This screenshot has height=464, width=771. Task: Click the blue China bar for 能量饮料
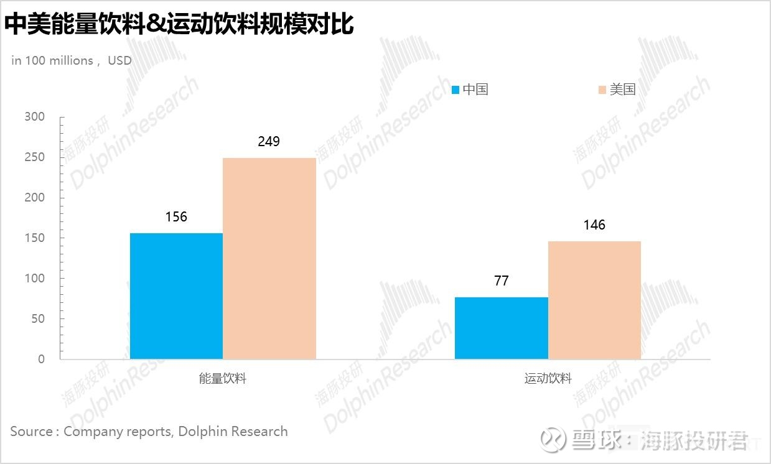point(176,296)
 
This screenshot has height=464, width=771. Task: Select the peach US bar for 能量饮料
point(269,258)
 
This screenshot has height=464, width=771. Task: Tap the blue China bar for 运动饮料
point(502,328)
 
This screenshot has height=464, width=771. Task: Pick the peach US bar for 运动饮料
point(594,300)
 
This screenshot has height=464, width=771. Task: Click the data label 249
point(269,142)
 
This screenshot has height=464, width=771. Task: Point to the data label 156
point(176,217)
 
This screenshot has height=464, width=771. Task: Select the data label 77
point(502,281)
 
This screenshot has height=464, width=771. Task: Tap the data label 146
point(594,225)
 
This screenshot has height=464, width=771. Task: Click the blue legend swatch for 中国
point(456,90)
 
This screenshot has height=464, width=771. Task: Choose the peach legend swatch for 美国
point(602,90)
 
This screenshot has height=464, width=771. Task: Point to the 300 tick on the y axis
point(35,117)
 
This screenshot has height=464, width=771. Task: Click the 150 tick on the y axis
point(35,238)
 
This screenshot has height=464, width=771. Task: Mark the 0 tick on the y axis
point(41,360)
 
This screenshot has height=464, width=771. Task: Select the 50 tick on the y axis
point(38,319)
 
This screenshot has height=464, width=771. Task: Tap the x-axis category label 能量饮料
point(223,378)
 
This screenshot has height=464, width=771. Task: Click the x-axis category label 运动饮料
point(548,378)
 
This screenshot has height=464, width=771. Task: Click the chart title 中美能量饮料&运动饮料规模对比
point(179,25)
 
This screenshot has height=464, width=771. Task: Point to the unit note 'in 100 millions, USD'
point(72,60)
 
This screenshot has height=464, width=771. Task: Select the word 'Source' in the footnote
point(32,431)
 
